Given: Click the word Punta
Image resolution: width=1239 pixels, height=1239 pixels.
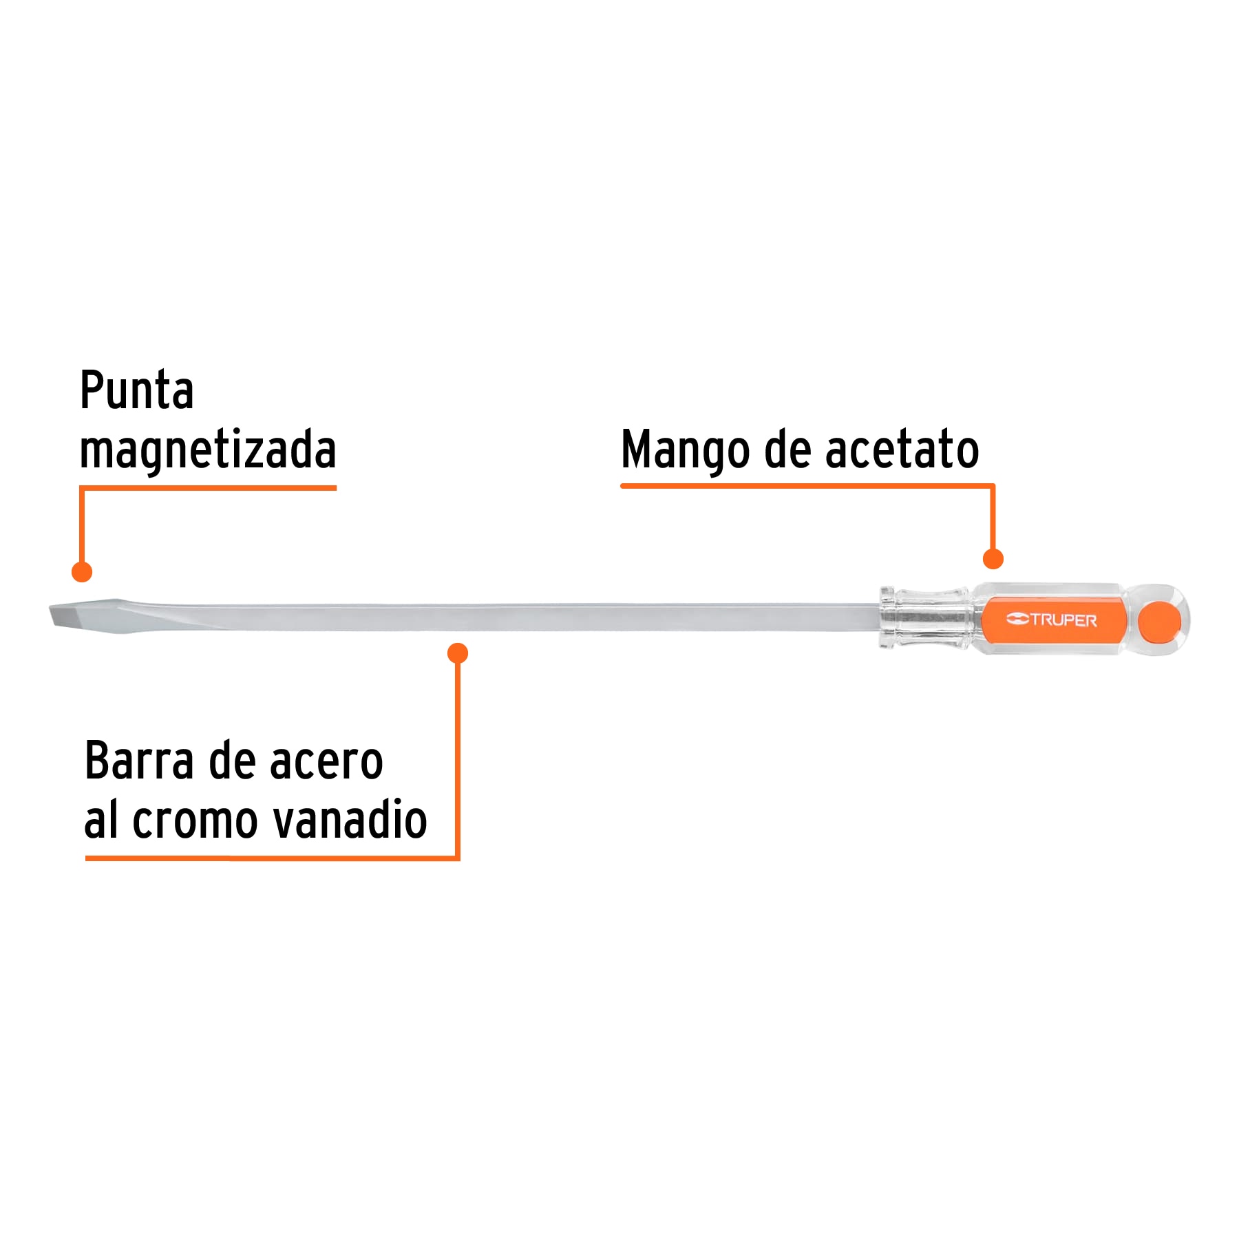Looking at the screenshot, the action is (136, 390).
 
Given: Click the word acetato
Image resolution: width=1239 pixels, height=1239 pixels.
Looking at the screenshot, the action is (902, 449).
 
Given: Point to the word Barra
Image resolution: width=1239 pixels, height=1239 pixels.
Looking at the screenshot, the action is (139, 761).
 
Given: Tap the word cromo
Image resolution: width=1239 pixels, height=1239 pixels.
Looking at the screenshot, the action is (195, 821).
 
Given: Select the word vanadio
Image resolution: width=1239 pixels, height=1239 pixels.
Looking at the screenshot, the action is (350, 819).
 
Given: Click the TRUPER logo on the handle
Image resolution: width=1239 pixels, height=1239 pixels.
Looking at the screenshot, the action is (1051, 619).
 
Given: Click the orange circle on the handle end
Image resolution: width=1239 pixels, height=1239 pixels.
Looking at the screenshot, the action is (1159, 621).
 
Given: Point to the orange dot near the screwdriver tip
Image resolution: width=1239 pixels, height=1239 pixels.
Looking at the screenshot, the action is (82, 571).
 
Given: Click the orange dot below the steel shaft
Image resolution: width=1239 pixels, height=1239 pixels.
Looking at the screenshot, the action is (458, 653).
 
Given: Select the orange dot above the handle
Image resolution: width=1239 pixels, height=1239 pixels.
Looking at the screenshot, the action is (993, 559).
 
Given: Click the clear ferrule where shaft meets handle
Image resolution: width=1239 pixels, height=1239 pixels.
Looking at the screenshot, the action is (926, 617).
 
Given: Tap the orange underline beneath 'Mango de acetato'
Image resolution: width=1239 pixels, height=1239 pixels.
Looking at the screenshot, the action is (807, 486).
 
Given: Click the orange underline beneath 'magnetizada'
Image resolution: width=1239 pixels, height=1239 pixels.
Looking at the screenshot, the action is (208, 488).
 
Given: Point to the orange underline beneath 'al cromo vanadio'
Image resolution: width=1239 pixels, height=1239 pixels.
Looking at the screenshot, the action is (272, 858).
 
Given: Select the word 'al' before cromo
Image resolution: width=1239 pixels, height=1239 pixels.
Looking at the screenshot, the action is (100, 819).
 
